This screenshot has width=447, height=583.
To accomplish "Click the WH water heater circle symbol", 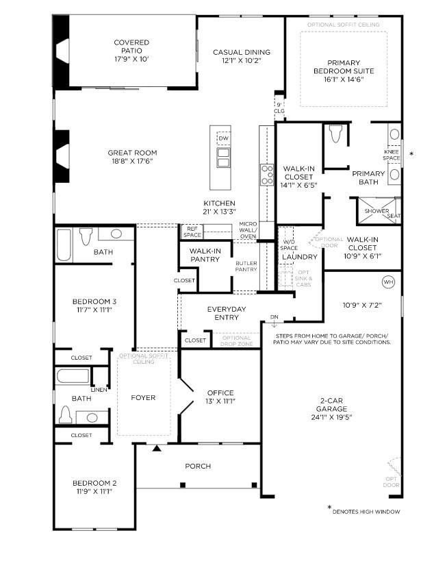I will coord(388,282).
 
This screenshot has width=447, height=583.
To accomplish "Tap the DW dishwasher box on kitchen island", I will coord(223,138).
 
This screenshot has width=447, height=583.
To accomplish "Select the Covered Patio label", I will coord(131,42).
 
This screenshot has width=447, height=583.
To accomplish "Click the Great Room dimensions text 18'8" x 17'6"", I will coord(132,162).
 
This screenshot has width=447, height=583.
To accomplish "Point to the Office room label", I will coord(220,393).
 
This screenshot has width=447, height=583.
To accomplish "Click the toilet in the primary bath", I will coord(335,134).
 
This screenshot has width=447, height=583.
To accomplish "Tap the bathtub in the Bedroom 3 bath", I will coord(64,245).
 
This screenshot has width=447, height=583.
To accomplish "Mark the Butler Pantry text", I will coord(246,266).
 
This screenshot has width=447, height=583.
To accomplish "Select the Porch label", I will coord(198,467).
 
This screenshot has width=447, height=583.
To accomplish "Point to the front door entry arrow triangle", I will coord(157,449).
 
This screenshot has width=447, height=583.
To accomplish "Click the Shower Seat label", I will coord(383,213).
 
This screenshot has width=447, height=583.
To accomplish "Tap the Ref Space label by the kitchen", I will coord(192,232).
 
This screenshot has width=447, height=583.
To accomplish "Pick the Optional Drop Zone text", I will coord(236,340).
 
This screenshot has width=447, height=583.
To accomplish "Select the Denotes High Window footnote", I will coord(366,512).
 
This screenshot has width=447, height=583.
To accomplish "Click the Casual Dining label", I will coord(241,52).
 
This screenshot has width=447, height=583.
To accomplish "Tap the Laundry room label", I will coord(299,257).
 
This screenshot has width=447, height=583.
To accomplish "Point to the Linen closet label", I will coord(99,390).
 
